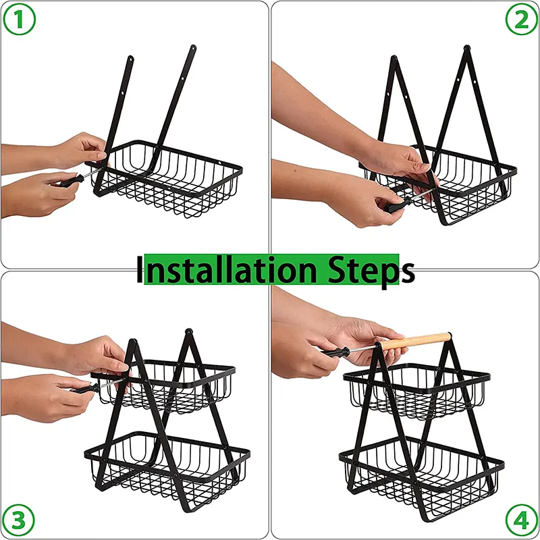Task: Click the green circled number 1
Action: coord(19,20)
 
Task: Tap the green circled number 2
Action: coord(521,20)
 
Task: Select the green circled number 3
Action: coord(19,520)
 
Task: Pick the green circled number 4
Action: coord(521,520)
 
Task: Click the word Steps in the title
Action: coord(371,271)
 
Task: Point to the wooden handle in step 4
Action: coord(415,341)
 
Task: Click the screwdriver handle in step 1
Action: coord(72,181)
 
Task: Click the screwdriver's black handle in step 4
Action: coord(335,352)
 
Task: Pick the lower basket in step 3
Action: coord(167,468)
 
